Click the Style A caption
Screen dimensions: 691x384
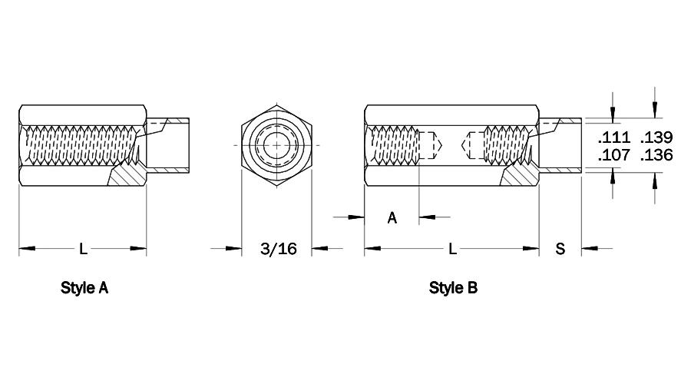click(84, 288)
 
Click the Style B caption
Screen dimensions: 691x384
click(453, 288)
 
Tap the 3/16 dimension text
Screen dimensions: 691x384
click(279, 249)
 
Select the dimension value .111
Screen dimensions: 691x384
click(614, 137)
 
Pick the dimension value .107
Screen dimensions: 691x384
click(614, 155)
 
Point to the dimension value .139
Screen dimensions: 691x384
click(656, 137)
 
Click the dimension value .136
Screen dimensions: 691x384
click(656, 155)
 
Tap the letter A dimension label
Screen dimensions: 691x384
click(392, 217)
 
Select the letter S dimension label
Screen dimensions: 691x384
click(560, 249)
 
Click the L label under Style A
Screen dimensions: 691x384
click(83, 249)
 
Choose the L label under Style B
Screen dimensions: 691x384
click(452, 249)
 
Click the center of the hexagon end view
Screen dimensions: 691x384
click(276, 144)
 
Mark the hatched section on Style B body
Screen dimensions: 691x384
click(521, 174)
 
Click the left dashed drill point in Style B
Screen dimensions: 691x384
click(430, 145)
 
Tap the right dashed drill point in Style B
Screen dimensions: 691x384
click(472, 145)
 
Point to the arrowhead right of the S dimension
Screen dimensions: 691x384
click(589, 249)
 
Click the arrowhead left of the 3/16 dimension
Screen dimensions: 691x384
click(233, 249)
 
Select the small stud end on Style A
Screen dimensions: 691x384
click(168, 144)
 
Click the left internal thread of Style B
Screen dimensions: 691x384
click(394, 144)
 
